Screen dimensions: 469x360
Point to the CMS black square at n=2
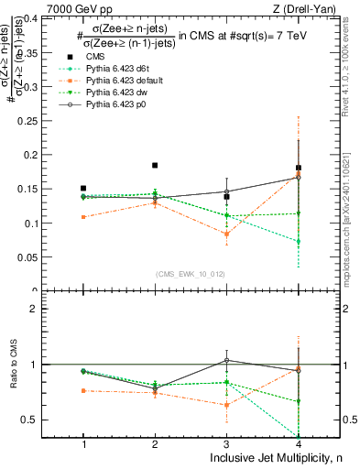pos(155,166)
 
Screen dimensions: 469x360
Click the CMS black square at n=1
pos(83,189)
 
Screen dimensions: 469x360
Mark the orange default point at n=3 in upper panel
pos(226,234)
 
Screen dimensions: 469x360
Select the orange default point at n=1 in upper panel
pos(83,217)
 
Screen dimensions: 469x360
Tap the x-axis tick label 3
pos(226,443)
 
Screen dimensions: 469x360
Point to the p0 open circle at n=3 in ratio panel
pos(226,360)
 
